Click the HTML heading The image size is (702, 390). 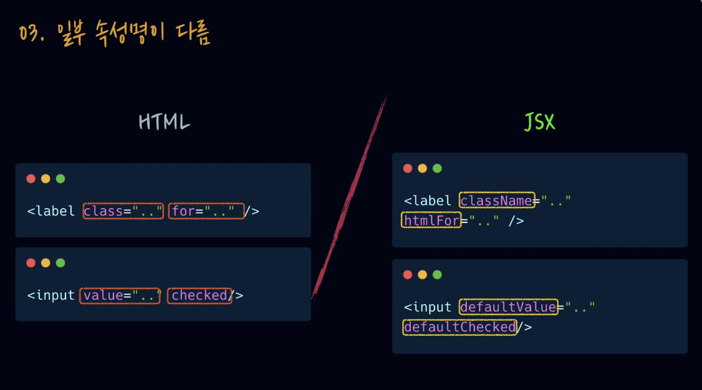coord(165,121)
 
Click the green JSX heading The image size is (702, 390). coord(539,121)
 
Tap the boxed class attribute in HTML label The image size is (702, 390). coord(123,211)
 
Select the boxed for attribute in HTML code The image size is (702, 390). coord(206,211)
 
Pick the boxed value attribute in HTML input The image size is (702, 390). coord(120,296)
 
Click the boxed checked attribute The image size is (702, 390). coord(200,296)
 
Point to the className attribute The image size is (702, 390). coord(497,201)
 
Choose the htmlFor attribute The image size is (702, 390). coord(431,220)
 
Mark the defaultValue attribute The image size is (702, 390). coord(509,307)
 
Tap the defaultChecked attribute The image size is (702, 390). coord(460,327)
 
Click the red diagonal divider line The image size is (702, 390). coord(349,197)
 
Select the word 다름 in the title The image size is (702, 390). coord(193,33)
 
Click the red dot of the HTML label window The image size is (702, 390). coord(31,179)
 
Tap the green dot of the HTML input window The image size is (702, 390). coord(60,263)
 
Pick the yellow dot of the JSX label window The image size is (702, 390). coord(422,168)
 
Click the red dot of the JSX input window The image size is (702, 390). coord(407,275)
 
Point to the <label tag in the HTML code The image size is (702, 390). coord(51,211)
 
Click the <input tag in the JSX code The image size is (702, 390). coord(428,307)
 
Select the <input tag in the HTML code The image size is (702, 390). coord(51,296)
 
